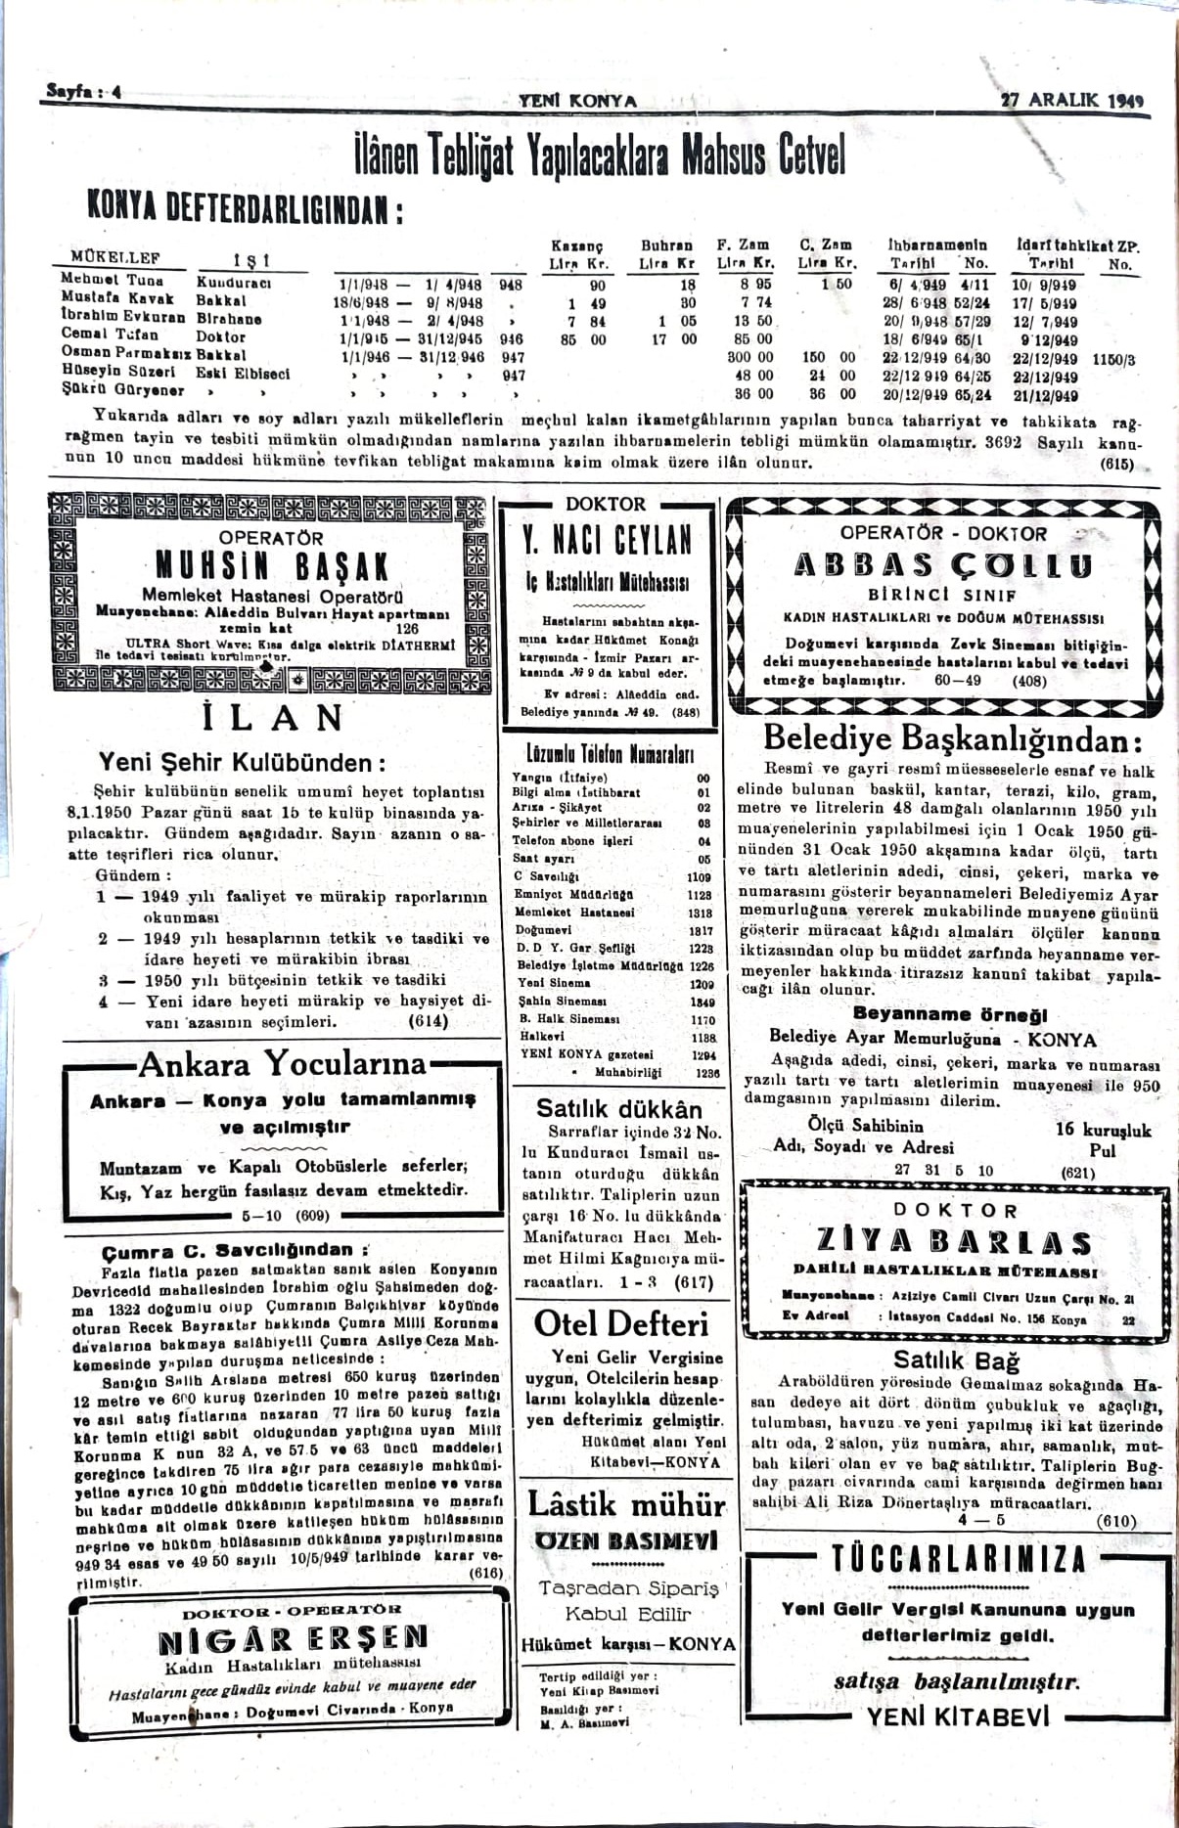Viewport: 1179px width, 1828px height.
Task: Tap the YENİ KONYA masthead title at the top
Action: pos(577,101)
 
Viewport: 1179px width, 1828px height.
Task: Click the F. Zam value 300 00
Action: pos(750,358)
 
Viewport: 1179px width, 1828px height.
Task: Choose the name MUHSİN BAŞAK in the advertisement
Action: pos(272,567)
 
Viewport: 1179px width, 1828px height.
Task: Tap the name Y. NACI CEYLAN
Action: pos(608,541)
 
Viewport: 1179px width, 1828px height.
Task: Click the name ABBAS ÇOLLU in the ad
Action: pos(942,565)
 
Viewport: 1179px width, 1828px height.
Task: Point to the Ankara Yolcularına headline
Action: pos(283,1064)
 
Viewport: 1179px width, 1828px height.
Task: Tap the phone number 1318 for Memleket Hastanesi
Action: pos(700,913)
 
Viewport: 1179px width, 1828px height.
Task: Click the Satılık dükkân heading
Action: pos(618,1108)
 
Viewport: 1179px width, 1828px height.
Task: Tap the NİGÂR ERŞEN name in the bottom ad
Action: pos(293,1638)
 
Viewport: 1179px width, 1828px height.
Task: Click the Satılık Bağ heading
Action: pos(955,1360)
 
